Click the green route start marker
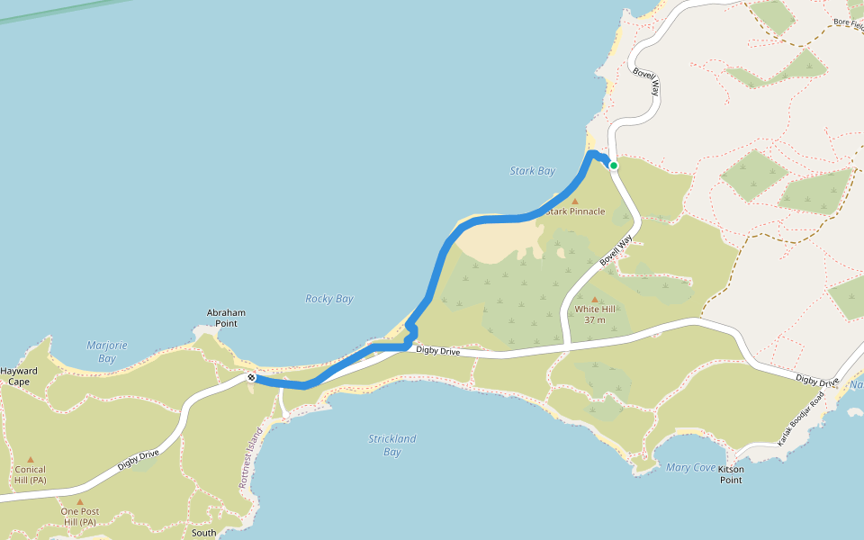614,166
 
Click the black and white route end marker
252,378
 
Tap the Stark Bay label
533,171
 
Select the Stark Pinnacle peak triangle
575,202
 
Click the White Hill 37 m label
594,314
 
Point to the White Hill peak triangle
594,299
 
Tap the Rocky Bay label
329,299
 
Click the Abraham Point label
226,318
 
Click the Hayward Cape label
19,376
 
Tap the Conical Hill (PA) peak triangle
31,459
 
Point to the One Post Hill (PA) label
79,517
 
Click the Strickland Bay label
392,445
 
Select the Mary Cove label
690,467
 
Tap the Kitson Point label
731,474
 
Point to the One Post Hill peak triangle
79,502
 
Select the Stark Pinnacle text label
575,212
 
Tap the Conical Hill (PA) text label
31,474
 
